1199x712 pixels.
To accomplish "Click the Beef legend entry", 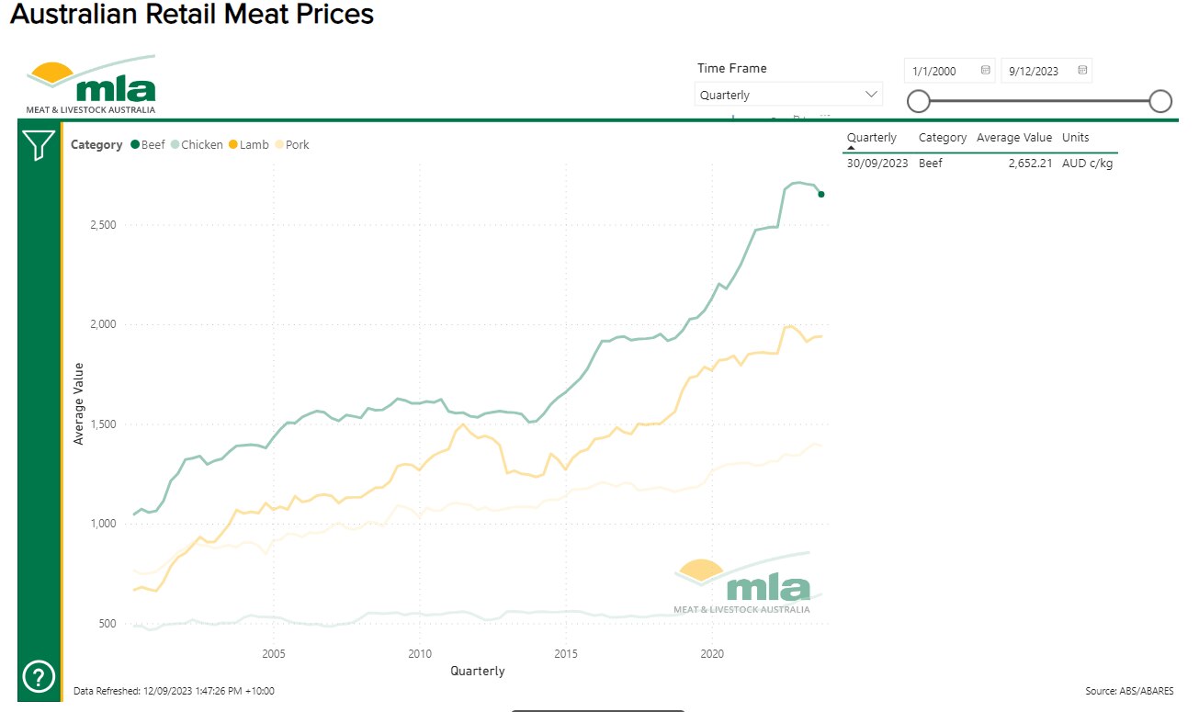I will pos(148,144).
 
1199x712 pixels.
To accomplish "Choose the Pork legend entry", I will pos(292,144).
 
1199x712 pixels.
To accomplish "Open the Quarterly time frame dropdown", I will pos(788,95).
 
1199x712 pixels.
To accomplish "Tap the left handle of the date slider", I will pos(918,101).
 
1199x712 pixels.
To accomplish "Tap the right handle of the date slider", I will pos(1160,101).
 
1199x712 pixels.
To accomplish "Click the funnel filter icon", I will pos(39,145).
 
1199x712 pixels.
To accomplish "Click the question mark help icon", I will pos(38,678).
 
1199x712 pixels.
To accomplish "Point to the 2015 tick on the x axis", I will pos(565,654).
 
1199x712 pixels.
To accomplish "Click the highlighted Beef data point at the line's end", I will pos(821,194).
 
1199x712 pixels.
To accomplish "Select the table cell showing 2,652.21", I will pos(1030,164).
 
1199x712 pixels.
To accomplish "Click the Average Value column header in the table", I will pos(1013,138).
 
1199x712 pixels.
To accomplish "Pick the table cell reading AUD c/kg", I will pos(1088,164).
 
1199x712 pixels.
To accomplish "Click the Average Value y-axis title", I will pos(79,403).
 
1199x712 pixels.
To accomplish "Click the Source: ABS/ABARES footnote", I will pos(1129,691).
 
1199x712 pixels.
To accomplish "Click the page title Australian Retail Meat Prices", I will pos(192,16).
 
